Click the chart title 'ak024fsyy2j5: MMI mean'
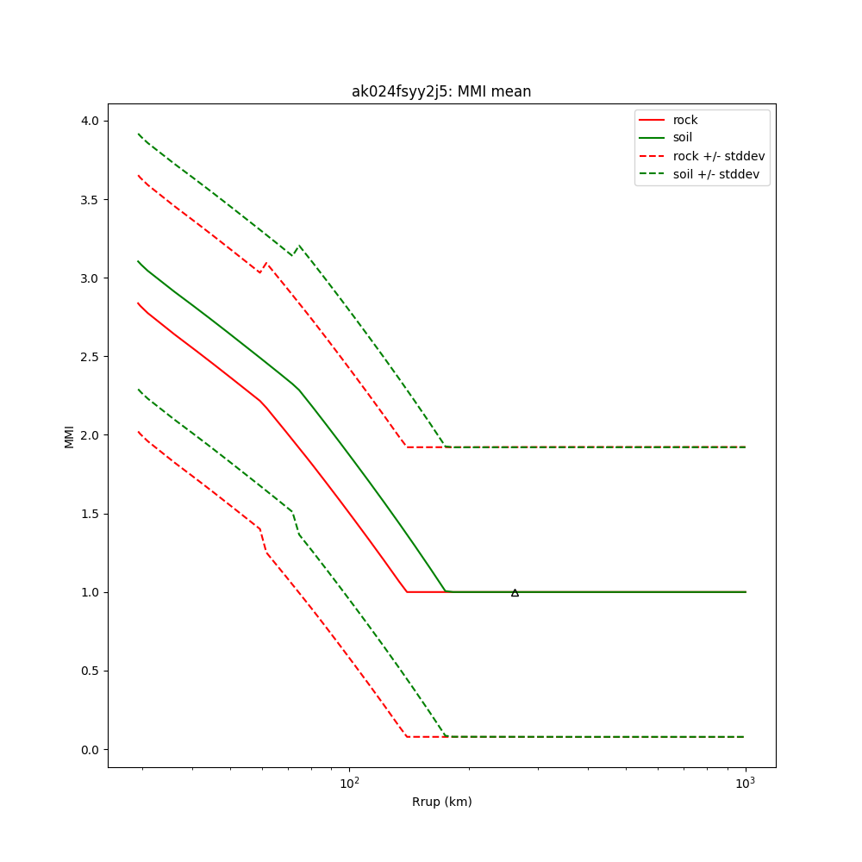point(440,91)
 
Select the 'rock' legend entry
point(685,120)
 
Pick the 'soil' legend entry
point(682,137)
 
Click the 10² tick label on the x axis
point(349,784)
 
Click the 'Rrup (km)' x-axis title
point(441,802)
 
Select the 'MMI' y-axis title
point(69,435)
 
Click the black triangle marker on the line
point(515,592)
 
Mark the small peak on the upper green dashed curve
point(299,246)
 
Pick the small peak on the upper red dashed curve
point(266,263)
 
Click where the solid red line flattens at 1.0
point(407,592)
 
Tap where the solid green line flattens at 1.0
point(447,591)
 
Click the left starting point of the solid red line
point(138,303)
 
